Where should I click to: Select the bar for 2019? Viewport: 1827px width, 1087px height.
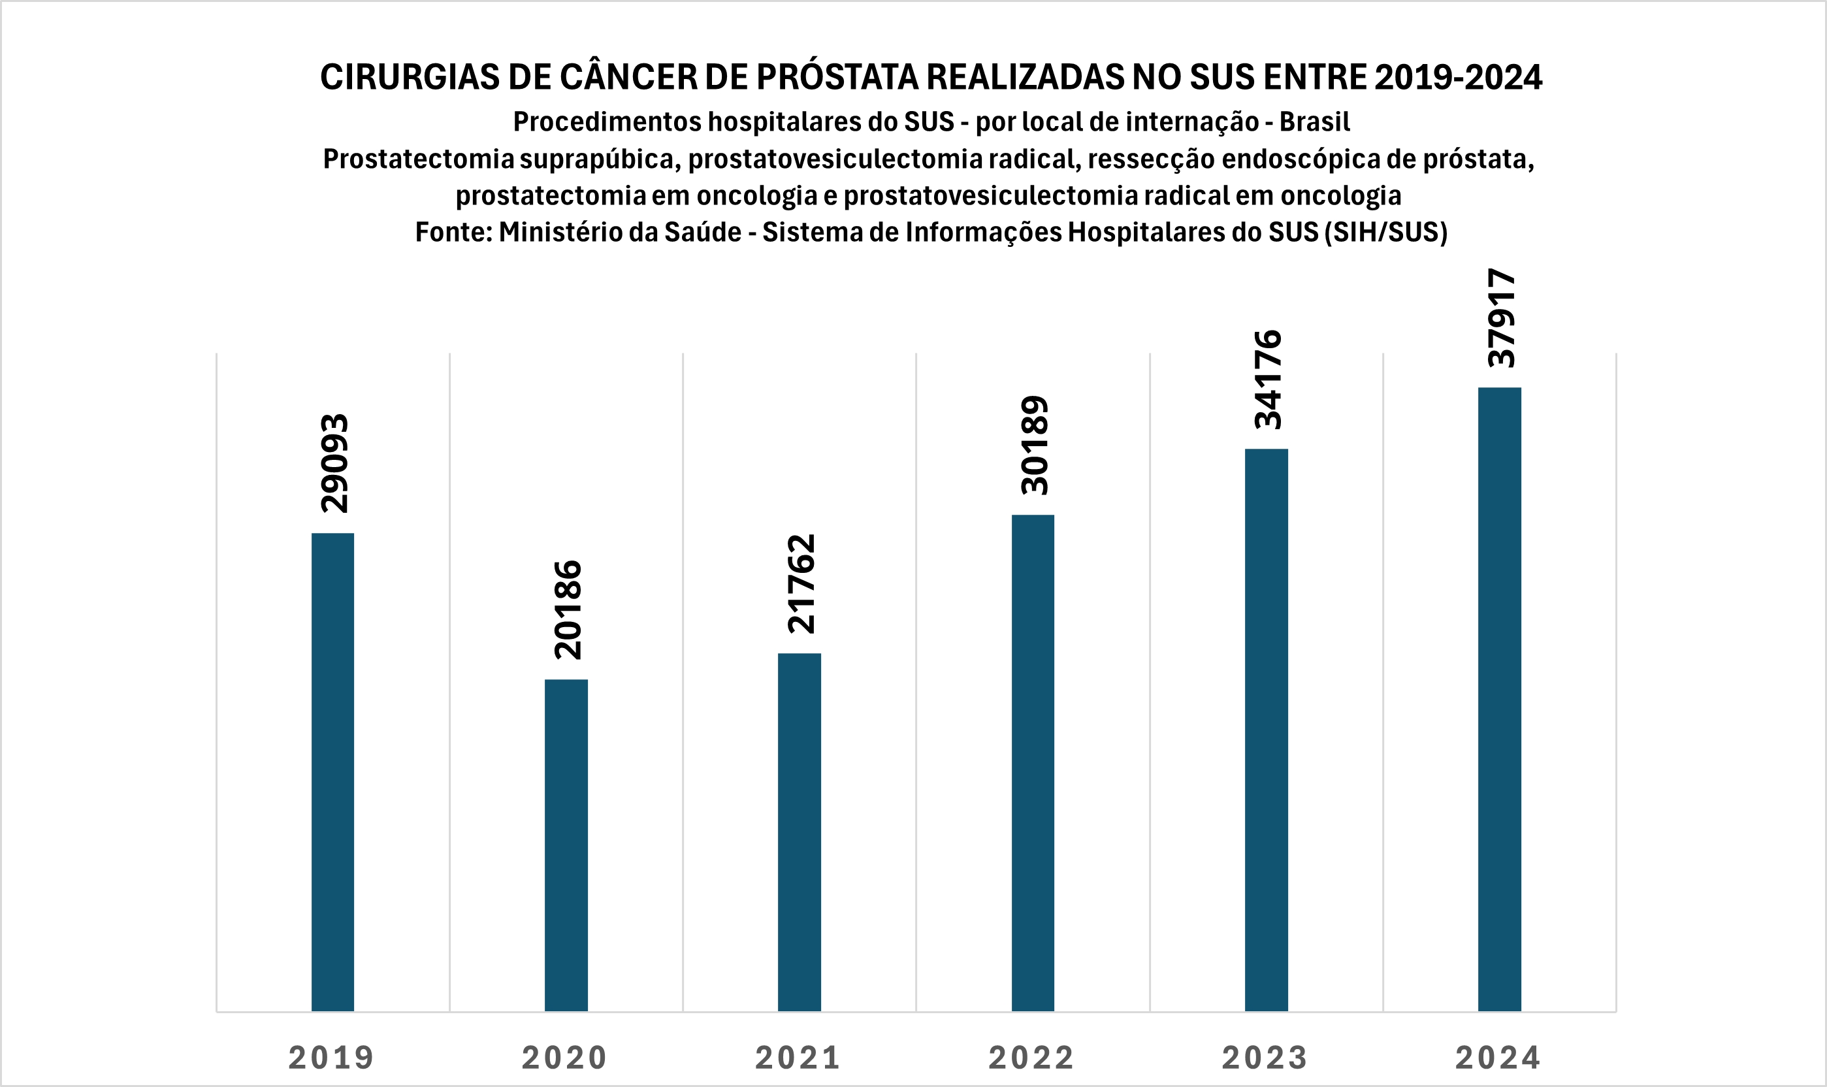[x=332, y=772]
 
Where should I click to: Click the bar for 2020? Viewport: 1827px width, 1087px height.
[x=566, y=845]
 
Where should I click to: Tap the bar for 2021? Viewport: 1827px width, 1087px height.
[x=799, y=832]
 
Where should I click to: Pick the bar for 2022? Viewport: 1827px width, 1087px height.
[x=1033, y=763]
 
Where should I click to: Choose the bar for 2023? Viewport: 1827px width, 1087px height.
[x=1266, y=730]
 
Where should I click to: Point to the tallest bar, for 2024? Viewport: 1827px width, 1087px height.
[x=1499, y=700]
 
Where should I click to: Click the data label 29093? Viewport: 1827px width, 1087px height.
[x=334, y=463]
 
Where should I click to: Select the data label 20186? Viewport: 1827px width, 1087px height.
[x=568, y=609]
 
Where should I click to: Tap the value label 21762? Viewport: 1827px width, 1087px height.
[x=801, y=583]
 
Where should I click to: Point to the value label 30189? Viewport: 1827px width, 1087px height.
[x=1035, y=445]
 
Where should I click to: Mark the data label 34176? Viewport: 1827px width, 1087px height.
[x=1268, y=380]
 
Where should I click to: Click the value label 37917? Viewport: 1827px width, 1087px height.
[x=1501, y=317]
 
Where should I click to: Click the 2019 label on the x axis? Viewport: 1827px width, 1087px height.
[x=332, y=1058]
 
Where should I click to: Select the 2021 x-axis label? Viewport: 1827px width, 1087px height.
[x=798, y=1058]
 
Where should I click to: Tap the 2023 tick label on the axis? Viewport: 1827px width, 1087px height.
[x=1265, y=1058]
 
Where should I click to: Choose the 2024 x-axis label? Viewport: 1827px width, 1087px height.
[x=1498, y=1058]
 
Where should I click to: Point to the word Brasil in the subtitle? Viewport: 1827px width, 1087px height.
[x=1314, y=122]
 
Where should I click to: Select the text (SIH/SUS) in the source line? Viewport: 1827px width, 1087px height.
[x=1385, y=232]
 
